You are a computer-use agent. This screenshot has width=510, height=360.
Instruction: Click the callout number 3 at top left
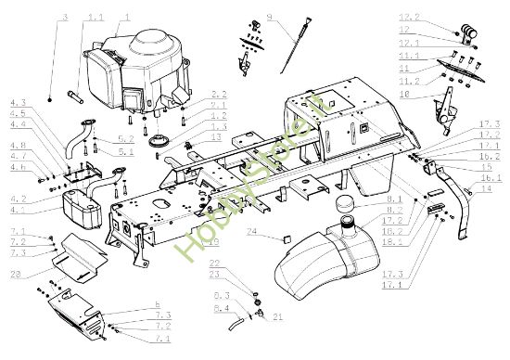pyautogui.click(x=65, y=18)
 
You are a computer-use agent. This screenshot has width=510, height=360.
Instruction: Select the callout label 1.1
pyautogui.click(x=96, y=18)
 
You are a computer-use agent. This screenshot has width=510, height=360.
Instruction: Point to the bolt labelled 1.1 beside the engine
pyautogui.click(x=75, y=95)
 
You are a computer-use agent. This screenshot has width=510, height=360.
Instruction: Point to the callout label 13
pyautogui.click(x=215, y=136)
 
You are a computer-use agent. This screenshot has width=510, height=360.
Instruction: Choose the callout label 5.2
pyautogui.click(x=127, y=139)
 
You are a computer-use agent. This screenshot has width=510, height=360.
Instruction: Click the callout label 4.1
pyautogui.click(x=19, y=208)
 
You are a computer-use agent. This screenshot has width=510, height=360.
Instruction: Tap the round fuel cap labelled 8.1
pyautogui.click(x=344, y=204)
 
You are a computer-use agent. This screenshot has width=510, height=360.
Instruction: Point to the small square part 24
pyautogui.click(x=286, y=238)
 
